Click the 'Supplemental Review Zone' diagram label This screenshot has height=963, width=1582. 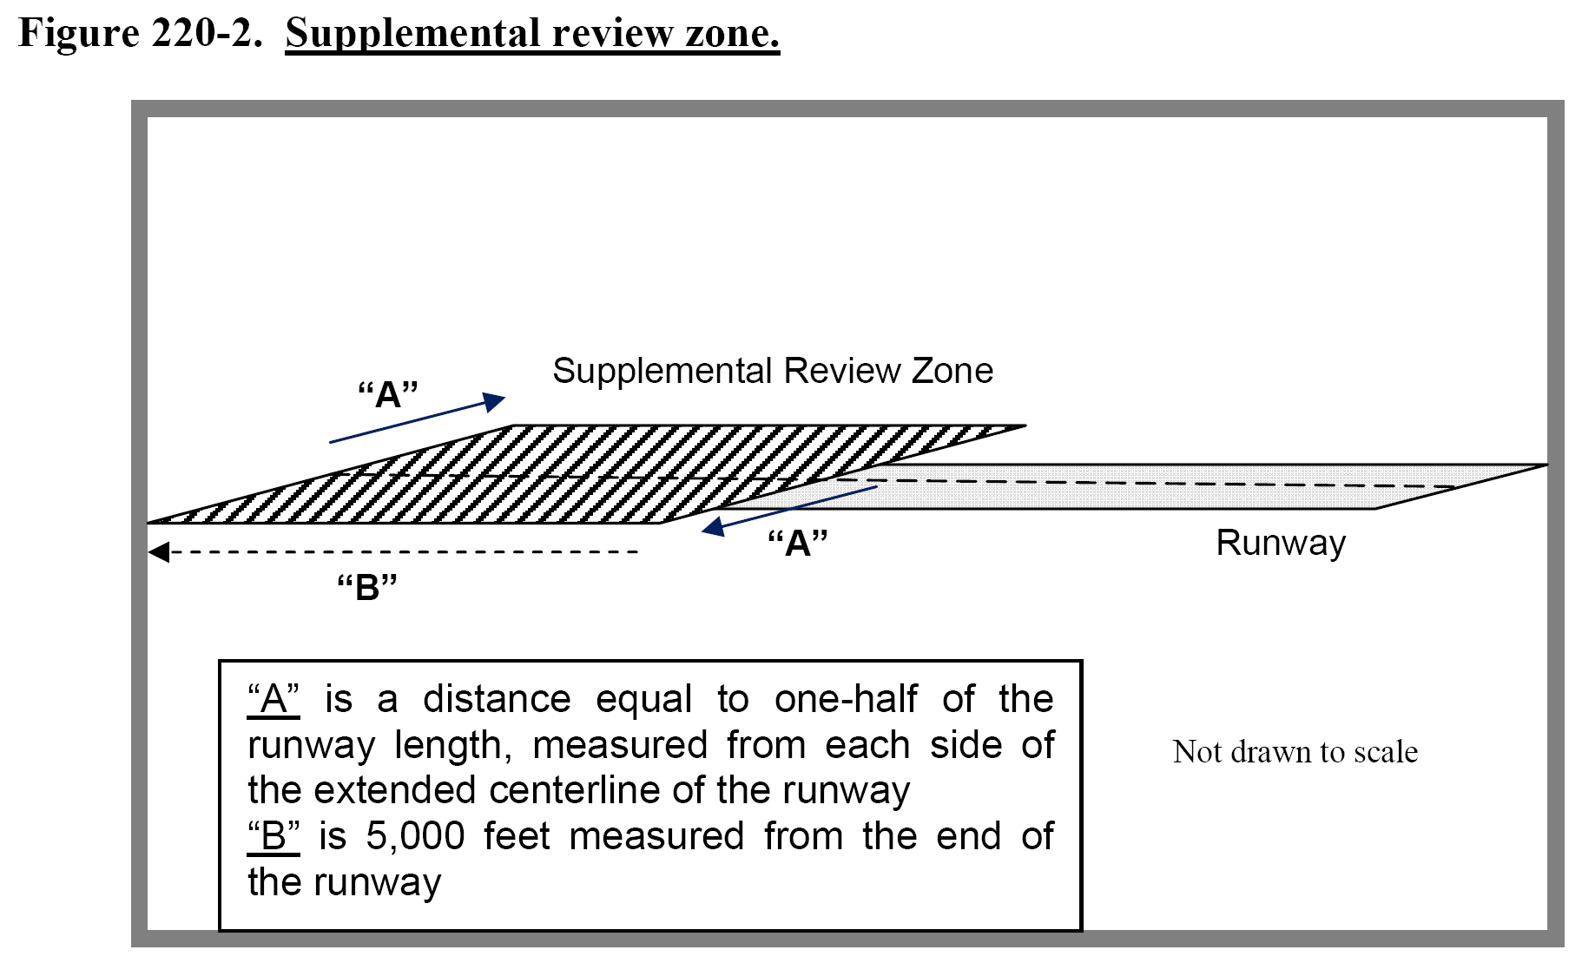tap(772, 371)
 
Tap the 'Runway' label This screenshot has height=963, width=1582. tap(1280, 543)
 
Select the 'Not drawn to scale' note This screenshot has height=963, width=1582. tap(1295, 752)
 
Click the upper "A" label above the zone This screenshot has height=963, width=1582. tap(388, 395)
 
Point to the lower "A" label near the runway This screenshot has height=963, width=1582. tap(797, 544)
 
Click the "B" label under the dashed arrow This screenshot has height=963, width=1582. tap(366, 588)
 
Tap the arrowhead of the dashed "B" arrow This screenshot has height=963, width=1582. tap(158, 552)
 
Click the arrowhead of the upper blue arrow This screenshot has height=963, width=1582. tap(495, 401)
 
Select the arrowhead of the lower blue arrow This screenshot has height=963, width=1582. tap(714, 526)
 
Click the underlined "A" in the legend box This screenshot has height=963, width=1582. tap(274, 699)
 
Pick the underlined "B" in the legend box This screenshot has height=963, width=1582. tap(274, 836)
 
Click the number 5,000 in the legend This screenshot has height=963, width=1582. tap(415, 836)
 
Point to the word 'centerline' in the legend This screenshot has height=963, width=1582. tap(575, 790)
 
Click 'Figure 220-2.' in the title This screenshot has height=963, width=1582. tap(140, 33)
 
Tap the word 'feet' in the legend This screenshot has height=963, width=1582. tap(517, 836)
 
